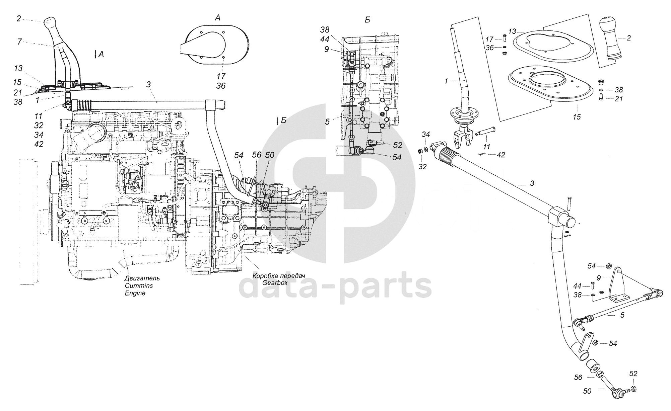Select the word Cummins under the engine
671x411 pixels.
[x=136, y=285]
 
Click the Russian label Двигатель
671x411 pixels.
[x=142, y=278]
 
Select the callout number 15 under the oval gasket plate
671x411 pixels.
[x=577, y=117]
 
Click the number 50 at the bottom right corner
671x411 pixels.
[x=587, y=401]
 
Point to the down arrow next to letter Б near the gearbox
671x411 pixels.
[x=278, y=121]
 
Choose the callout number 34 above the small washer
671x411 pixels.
[x=425, y=135]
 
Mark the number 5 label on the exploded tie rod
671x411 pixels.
[x=622, y=315]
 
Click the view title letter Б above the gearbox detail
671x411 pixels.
[x=367, y=20]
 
